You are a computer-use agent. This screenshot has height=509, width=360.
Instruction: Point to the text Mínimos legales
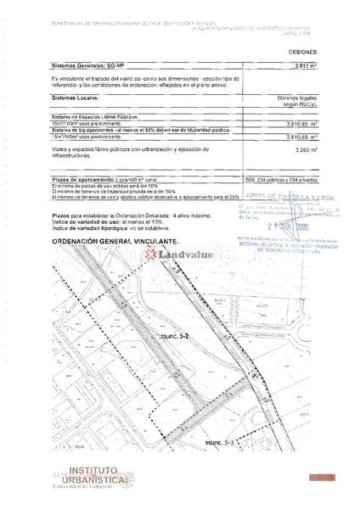click(296, 98)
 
